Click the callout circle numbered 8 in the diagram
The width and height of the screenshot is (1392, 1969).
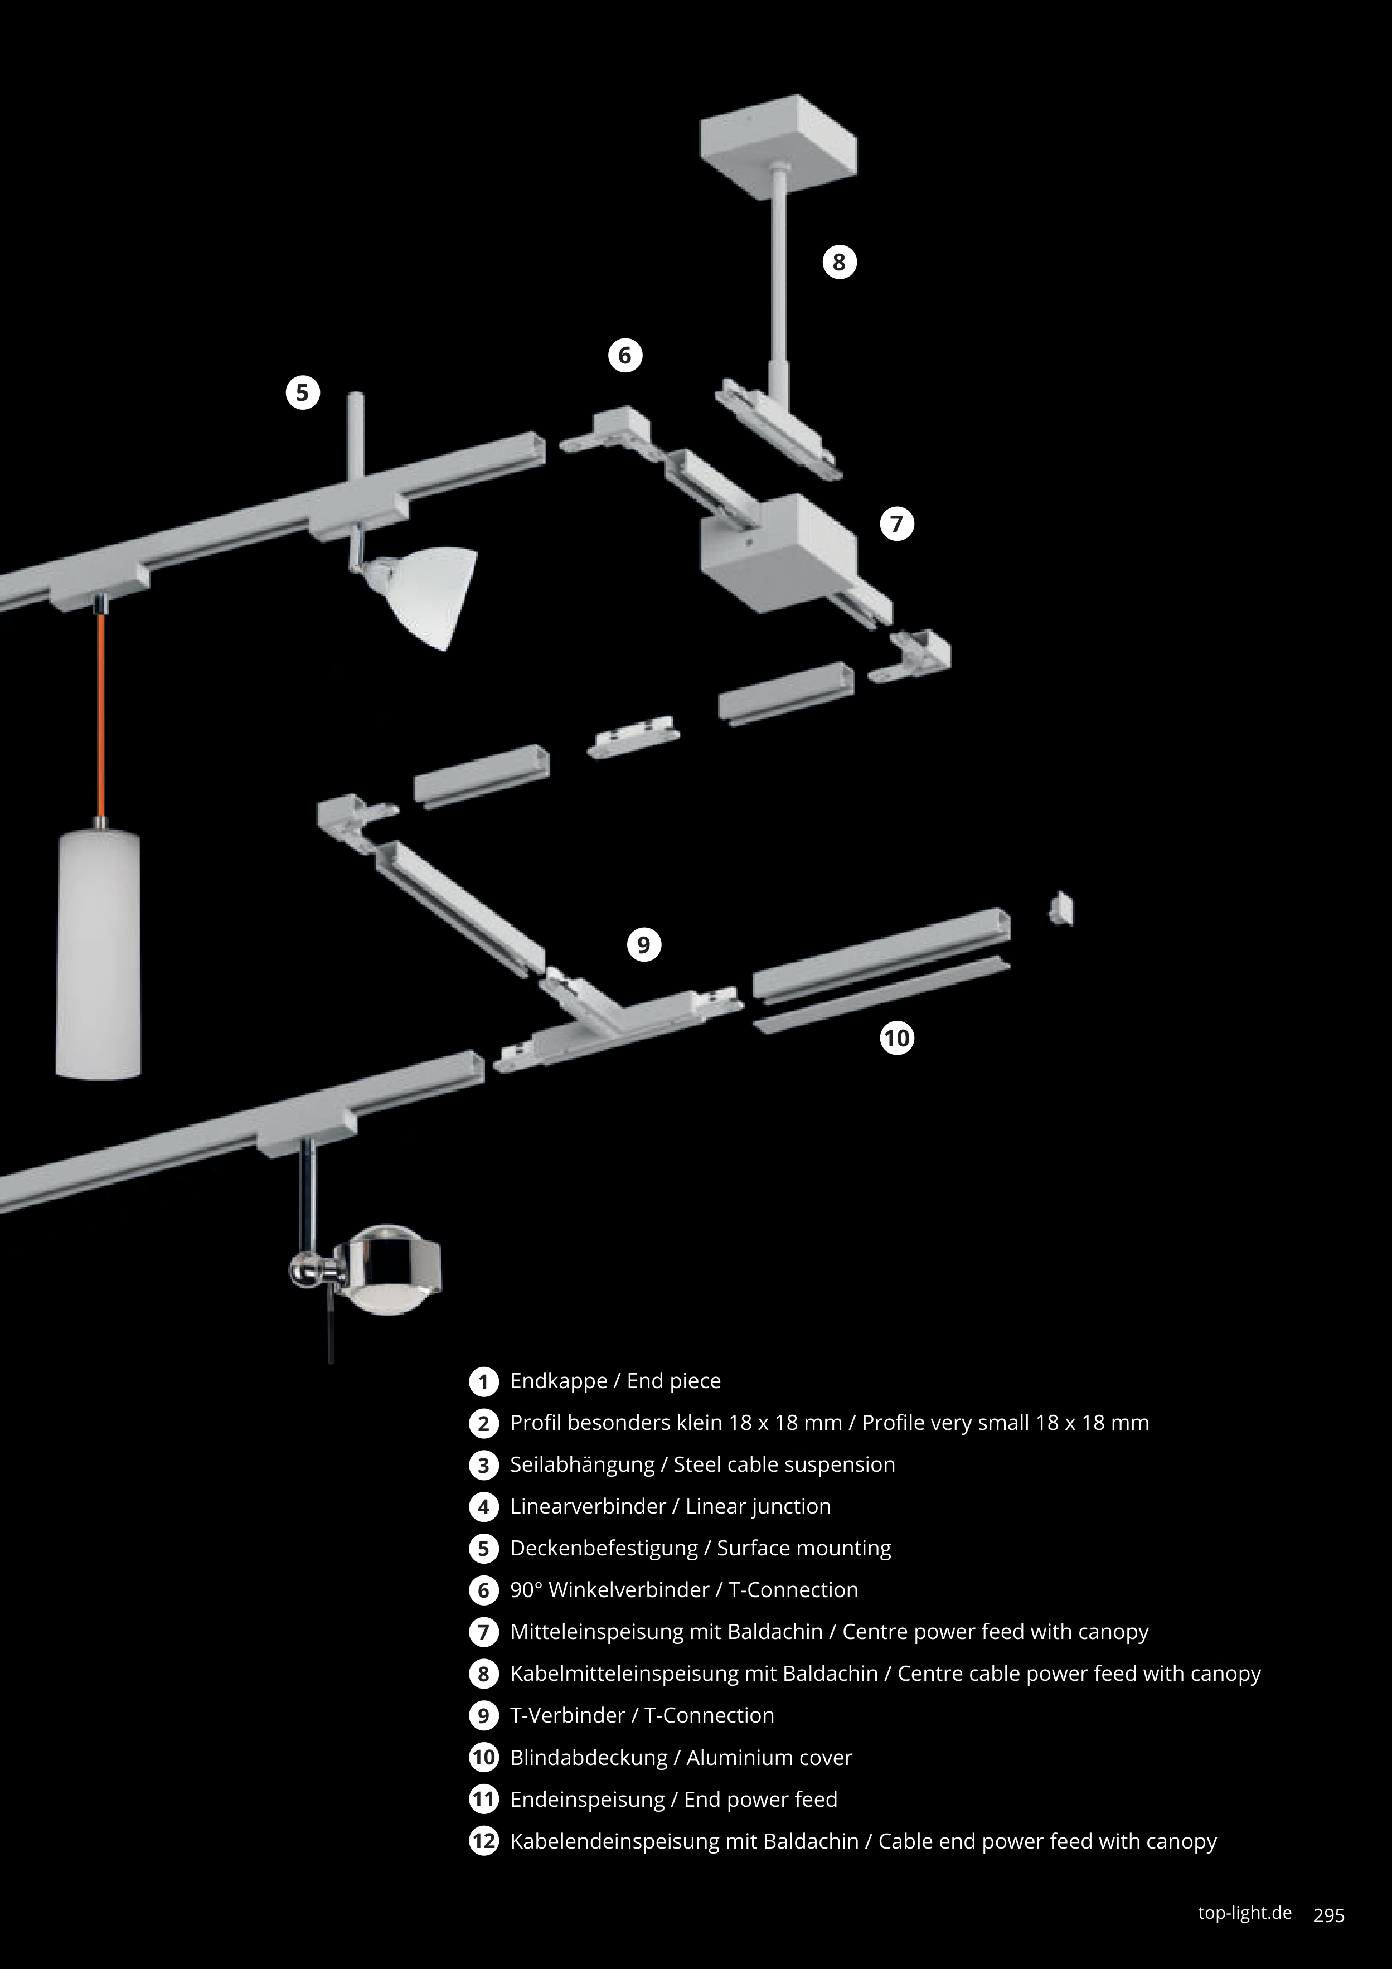[840, 261]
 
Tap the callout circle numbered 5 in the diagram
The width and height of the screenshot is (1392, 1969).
[302, 393]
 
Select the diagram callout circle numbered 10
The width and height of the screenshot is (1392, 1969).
[897, 1039]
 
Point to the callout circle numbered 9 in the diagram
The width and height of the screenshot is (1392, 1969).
[644, 945]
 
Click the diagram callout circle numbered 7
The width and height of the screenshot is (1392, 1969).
[897, 524]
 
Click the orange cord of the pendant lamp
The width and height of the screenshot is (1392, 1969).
[101, 712]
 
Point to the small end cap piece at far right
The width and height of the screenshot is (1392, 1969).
[1062, 909]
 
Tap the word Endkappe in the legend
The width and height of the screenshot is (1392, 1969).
[559, 1381]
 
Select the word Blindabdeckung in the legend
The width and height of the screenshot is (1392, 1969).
[588, 1757]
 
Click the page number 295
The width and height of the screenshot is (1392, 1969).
[1328, 1915]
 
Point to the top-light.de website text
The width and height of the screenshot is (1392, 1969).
[1244, 1913]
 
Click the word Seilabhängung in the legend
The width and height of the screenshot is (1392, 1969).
[581, 1464]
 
